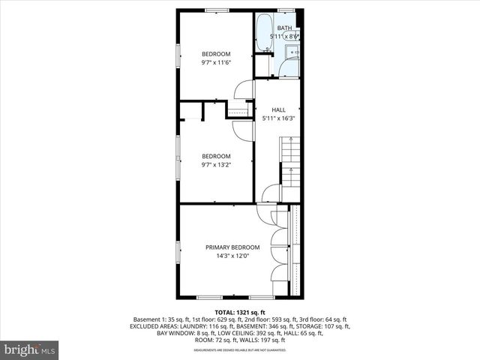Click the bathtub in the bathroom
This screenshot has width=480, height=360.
click(x=263, y=34)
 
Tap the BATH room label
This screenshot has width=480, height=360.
click(x=284, y=28)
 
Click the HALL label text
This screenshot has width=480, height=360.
click(x=278, y=109)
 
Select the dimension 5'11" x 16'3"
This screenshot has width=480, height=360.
click(x=278, y=118)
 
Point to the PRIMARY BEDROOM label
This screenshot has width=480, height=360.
click(x=232, y=247)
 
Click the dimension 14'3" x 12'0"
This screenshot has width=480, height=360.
click(x=232, y=256)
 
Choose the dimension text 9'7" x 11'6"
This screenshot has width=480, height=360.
click(x=215, y=62)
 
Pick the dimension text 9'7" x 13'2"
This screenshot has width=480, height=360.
click(x=215, y=164)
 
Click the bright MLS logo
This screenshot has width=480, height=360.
click(x=30, y=349)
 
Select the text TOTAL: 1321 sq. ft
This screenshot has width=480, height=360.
click(x=240, y=311)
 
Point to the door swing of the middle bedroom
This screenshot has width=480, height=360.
click(x=244, y=128)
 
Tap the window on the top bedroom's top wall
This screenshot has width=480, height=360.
click(x=217, y=10)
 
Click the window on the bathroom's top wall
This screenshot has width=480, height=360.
click(x=285, y=10)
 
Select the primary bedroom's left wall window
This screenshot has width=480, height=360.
click(x=178, y=251)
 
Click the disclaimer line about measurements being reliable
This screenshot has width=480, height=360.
click(x=240, y=349)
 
